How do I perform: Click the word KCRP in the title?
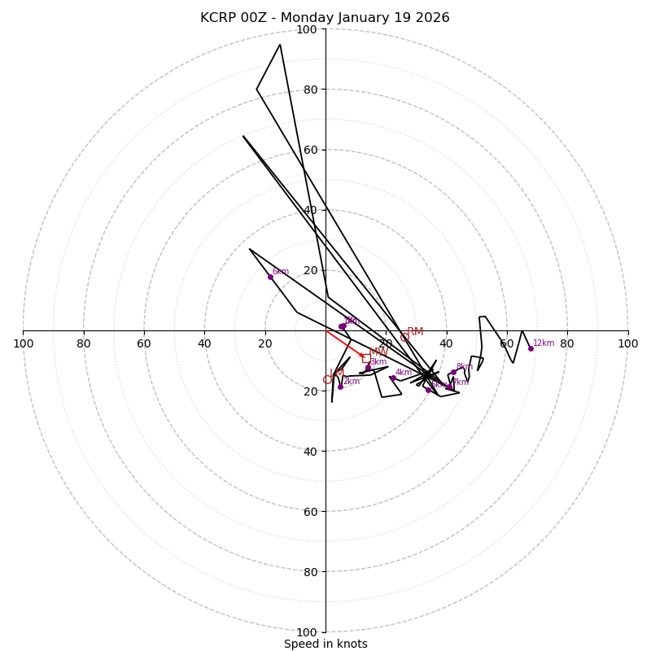pyautogui.click(x=219, y=18)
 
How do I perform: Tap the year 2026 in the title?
pyautogui.click(x=430, y=18)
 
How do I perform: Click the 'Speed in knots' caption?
pyautogui.click(x=325, y=644)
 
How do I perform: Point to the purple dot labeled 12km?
pyautogui.click(x=531, y=348)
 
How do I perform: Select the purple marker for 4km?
pyautogui.click(x=392, y=378)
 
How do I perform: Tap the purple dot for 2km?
pyautogui.click(x=340, y=387)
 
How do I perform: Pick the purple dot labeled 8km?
pyautogui.click(x=453, y=372)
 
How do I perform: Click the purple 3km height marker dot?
pyautogui.click(x=368, y=368)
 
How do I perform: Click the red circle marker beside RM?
pyautogui.click(x=404, y=337)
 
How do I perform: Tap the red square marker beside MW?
pyautogui.click(x=366, y=358)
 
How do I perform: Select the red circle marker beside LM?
pyautogui.click(x=327, y=380)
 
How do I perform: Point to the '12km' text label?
pyautogui.click(x=544, y=343)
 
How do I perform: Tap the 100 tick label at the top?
pyautogui.click(x=307, y=29)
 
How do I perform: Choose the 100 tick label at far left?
pyautogui.click(x=23, y=343)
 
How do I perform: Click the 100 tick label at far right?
pyautogui.click(x=628, y=343)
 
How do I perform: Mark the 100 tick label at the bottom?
pyautogui.click(x=307, y=632)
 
